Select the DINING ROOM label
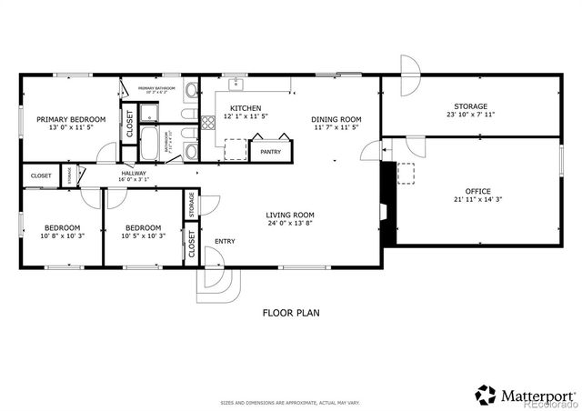pyautogui.click(x=336, y=119)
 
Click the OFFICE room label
pyautogui.click(x=471, y=191)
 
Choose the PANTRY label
pyautogui.click(x=270, y=152)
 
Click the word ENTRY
pyautogui.click(x=225, y=242)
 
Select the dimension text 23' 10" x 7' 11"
pyautogui.click(x=471, y=115)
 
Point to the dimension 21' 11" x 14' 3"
pyautogui.click(x=471, y=200)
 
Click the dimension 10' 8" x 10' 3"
pyautogui.click(x=63, y=236)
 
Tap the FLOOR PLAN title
pyautogui.click(x=290, y=312)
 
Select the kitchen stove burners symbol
pyautogui.click(x=236, y=149)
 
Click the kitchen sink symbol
pyautogui.click(x=236, y=84)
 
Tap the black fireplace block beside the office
pyautogui.click(x=387, y=205)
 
